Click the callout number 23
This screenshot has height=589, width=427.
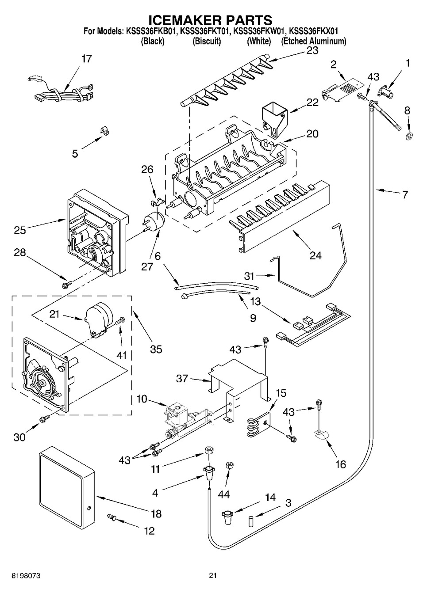click(x=312, y=51)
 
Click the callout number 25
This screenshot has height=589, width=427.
click(x=20, y=230)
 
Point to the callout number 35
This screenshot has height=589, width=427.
click(x=156, y=349)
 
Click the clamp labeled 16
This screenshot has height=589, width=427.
click(x=320, y=436)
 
